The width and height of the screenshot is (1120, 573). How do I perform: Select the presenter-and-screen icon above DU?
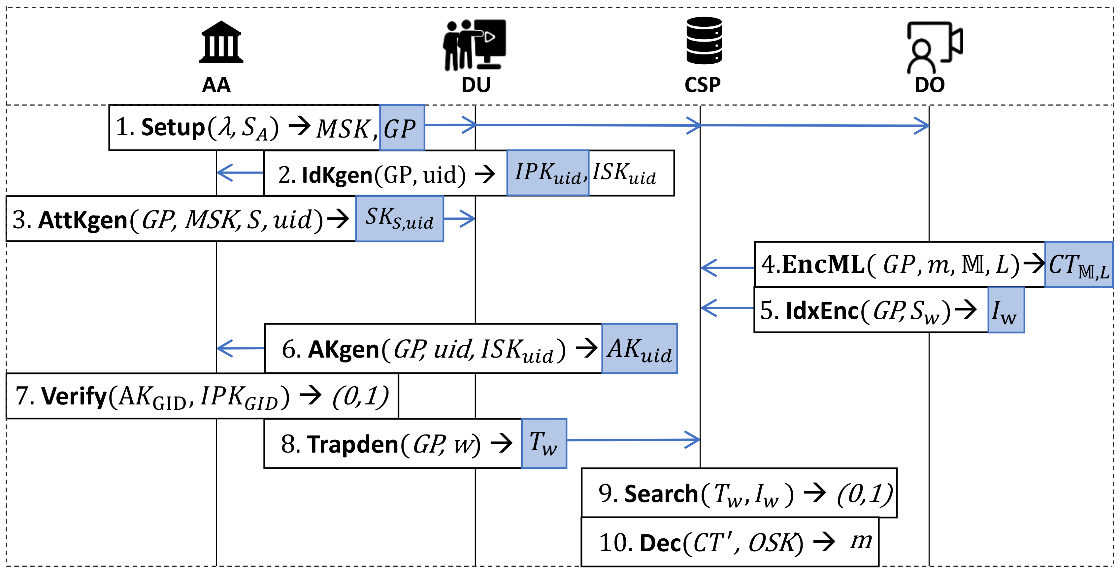click(475, 44)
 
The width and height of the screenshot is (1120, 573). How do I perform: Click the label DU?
click(476, 85)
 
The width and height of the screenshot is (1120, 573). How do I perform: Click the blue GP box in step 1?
click(402, 128)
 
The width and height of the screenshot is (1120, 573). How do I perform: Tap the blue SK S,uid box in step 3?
click(399, 219)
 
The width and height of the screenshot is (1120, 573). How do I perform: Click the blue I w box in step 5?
click(1005, 310)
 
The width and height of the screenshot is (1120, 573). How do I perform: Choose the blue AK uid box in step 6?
click(639, 349)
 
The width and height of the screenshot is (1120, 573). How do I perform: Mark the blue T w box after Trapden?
click(544, 443)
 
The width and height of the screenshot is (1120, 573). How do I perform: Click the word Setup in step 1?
click(173, 128)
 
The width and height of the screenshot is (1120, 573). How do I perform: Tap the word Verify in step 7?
click(74, 397)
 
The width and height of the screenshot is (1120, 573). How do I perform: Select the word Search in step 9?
click(661, 494)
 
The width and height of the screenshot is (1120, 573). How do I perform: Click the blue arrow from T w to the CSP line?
click(633, 440)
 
